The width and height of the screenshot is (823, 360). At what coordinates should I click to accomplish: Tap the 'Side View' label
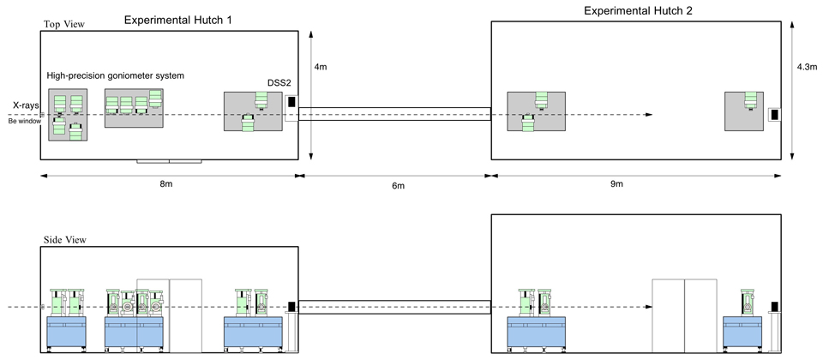(64, 242)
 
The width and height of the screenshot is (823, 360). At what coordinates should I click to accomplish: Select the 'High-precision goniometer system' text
(116, 76)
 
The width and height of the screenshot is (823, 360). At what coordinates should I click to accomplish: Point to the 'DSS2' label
(279, 84)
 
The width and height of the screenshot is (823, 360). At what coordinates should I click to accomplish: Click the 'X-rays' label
(24, 105)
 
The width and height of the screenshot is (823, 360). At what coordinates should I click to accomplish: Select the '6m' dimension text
(394, 186)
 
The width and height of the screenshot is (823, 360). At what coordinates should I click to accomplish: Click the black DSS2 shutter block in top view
(291, 102)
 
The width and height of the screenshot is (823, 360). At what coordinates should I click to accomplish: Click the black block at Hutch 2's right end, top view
(774, 114)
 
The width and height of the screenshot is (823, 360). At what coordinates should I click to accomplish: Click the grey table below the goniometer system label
(134, 108)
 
